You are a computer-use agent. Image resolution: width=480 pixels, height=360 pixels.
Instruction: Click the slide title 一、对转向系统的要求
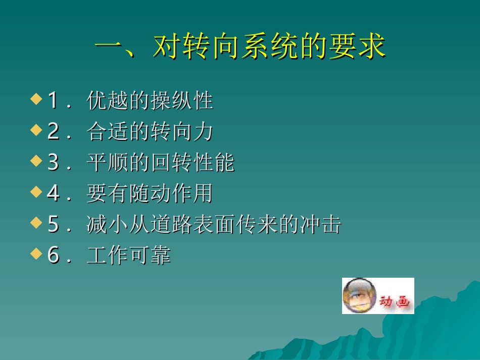[241, 47]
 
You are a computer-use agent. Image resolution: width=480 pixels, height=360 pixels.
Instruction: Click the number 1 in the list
[53, 101]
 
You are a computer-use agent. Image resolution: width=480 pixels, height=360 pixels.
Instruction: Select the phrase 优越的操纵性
[150, 101]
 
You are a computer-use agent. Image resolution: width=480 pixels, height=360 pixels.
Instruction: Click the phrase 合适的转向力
[150, 132]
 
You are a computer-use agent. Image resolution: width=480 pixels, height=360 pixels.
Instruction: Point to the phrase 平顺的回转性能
[161, 163]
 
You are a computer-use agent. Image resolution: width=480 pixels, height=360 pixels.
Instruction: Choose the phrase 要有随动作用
[150, 194]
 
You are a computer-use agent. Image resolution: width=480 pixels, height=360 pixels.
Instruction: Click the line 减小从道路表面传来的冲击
[214, 225]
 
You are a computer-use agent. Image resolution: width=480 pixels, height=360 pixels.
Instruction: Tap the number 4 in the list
[53, 194]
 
